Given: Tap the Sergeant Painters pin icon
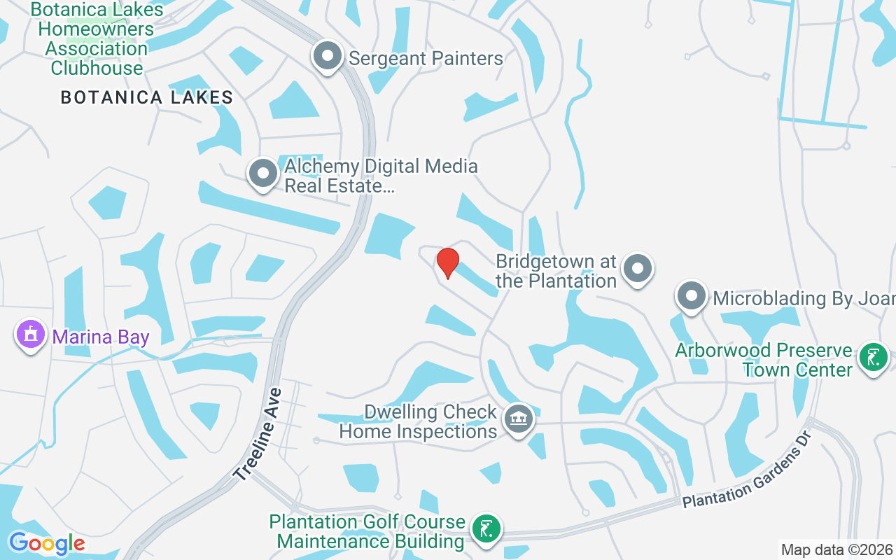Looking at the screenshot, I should coord(327,57).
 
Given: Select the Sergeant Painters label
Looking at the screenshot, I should coord(426,58).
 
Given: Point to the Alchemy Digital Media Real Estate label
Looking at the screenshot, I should coord(381,176).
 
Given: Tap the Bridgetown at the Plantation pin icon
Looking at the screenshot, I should coord(638,269).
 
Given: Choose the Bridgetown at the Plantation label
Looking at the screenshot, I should coord(556,271).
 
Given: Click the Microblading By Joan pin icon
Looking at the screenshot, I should coord(692,297).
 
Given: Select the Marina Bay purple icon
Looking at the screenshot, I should coord(30,335).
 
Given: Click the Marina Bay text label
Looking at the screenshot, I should coord(101,337).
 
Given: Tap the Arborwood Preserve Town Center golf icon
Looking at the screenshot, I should coord(873,358).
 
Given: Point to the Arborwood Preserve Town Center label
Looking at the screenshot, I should coord(764,359).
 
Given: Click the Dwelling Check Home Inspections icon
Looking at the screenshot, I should coord(518,420).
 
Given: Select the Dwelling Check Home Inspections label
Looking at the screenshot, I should coord(418,421).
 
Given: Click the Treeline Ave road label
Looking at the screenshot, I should coord(258,435).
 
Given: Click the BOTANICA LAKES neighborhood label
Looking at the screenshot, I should coord(147,97).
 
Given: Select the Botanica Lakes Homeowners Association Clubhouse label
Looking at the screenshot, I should coord(97,39).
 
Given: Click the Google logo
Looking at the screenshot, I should coord(46,543).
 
